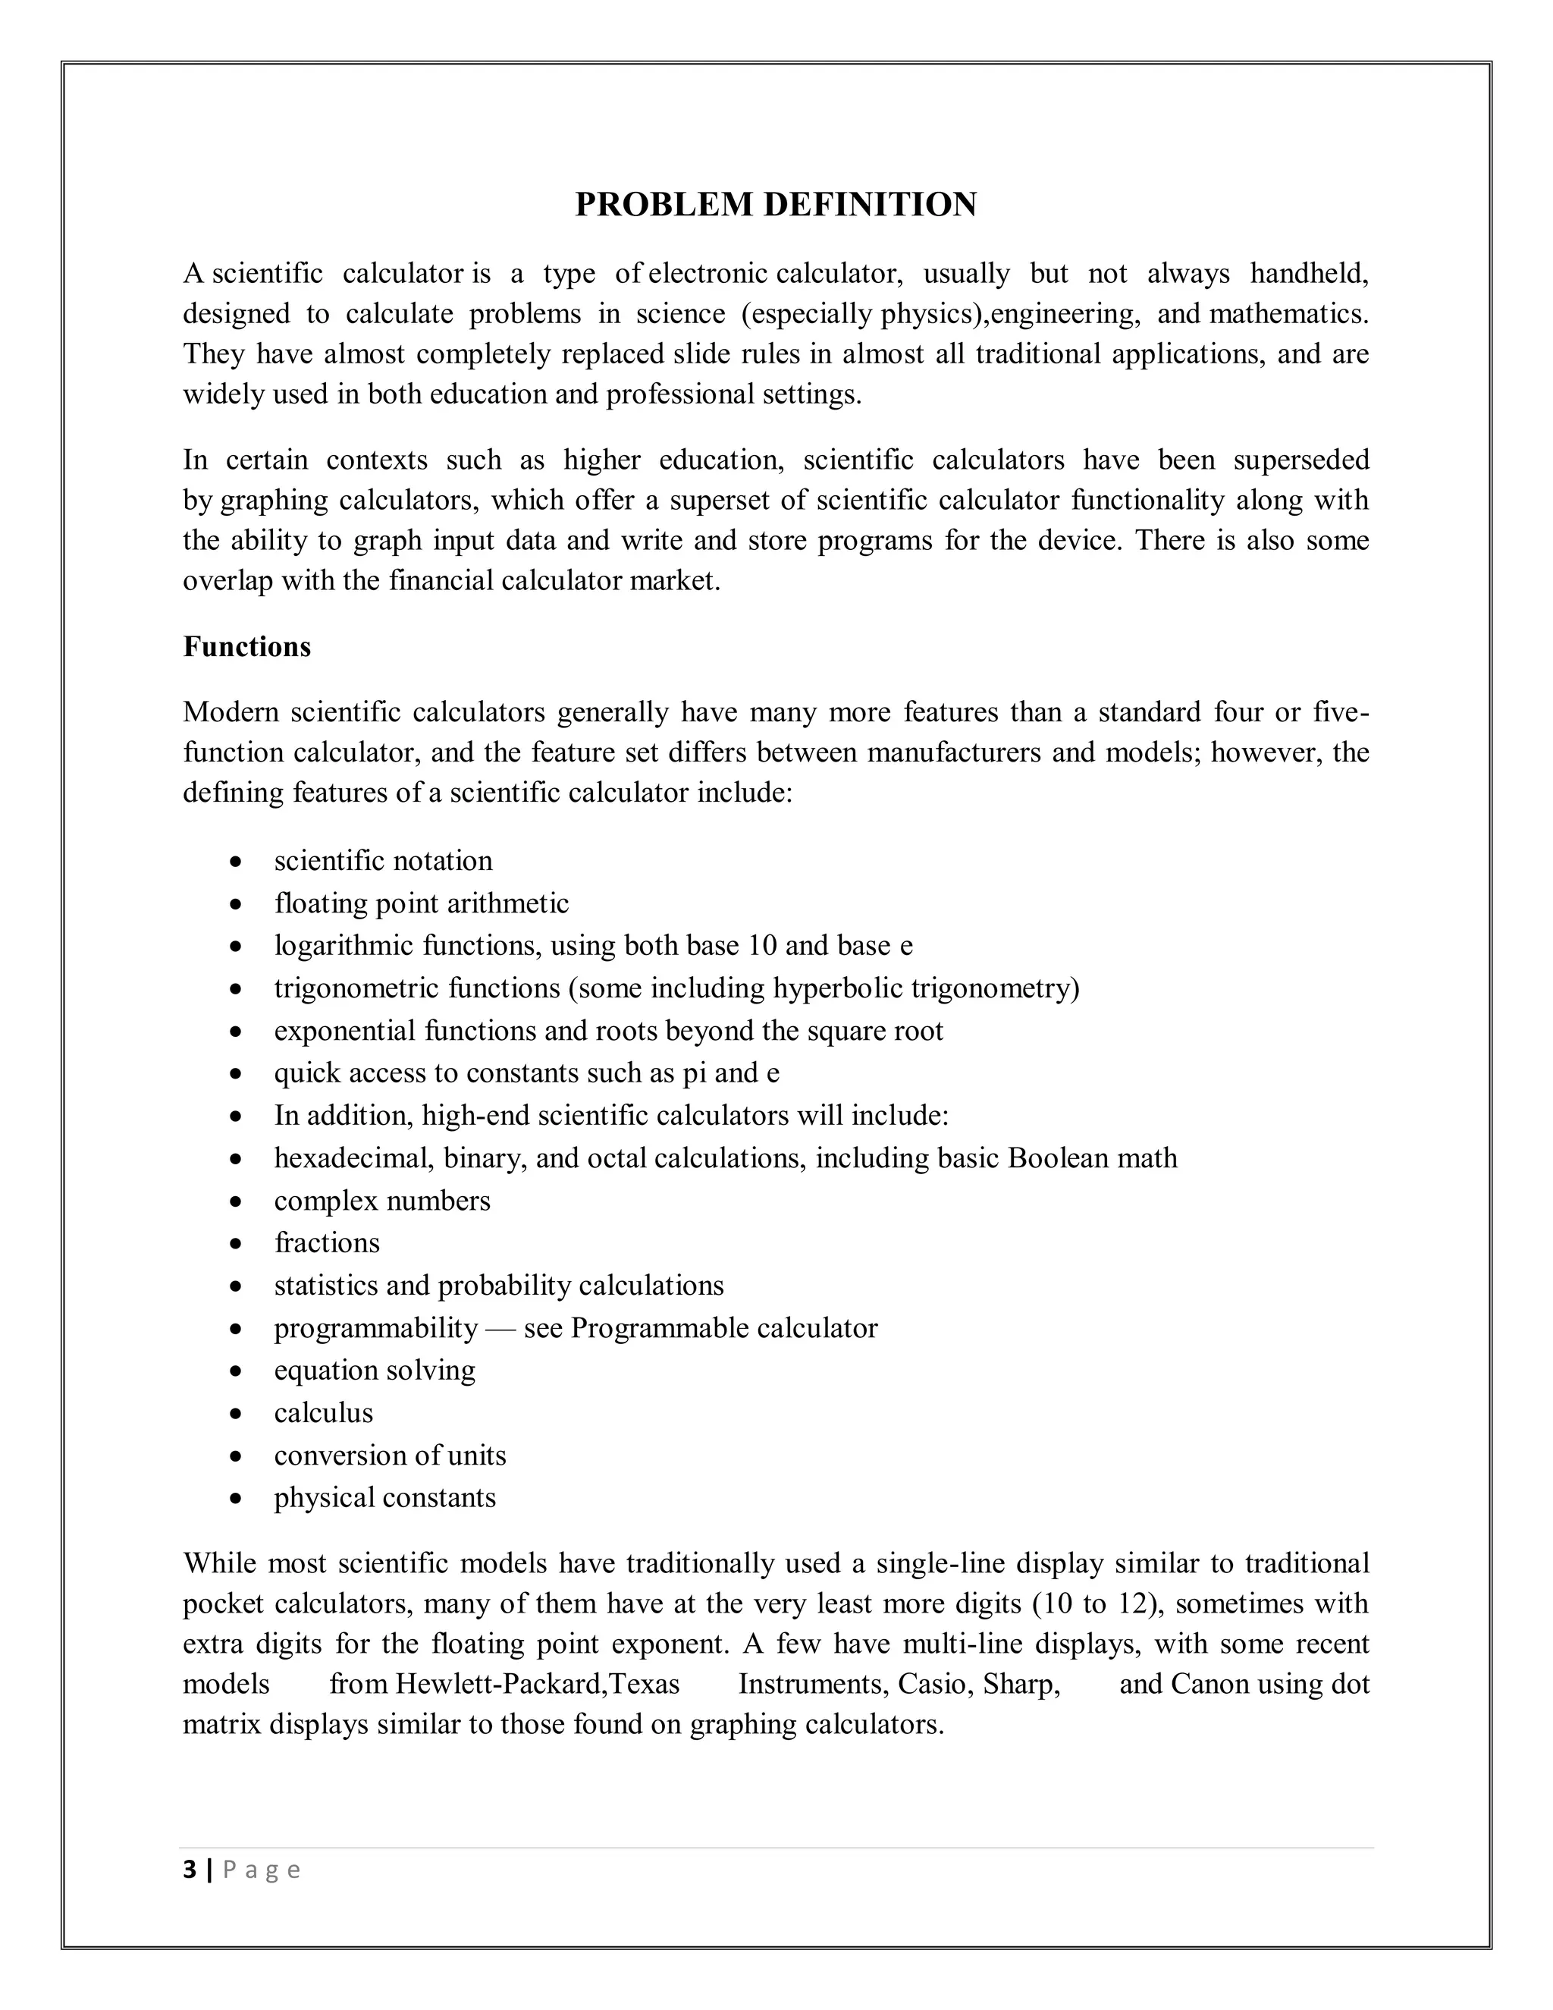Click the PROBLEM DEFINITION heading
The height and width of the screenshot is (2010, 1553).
776,204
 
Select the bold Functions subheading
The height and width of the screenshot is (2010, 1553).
246,647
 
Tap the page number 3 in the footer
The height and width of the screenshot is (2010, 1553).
190,1870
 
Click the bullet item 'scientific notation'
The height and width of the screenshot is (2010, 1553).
383,861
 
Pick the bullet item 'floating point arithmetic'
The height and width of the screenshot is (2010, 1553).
422,903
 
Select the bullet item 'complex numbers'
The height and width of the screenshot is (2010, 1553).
382,1200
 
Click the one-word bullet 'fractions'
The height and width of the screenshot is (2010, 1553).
327,1242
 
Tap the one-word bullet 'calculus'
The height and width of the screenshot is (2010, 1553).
323,1413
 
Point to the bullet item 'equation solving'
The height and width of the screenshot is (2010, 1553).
375,1371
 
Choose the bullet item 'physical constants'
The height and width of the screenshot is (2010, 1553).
384,1497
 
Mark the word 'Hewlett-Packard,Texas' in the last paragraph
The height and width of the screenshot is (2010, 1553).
536,1684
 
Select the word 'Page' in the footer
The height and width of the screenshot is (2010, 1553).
262,1871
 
